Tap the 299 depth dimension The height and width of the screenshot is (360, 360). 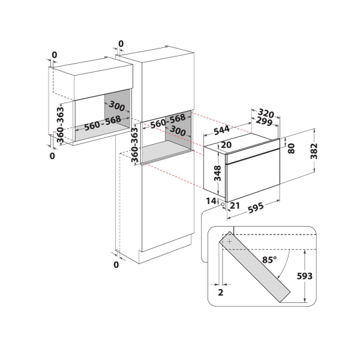[265, 122]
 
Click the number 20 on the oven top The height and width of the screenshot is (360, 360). [226, 145]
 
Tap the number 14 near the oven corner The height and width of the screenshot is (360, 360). [211, 200]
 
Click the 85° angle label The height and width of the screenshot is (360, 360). [268, 261]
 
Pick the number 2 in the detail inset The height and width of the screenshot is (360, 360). [221, 293]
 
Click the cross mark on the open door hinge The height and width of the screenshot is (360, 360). [229, 241]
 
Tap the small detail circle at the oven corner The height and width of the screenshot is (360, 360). [223, 204]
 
